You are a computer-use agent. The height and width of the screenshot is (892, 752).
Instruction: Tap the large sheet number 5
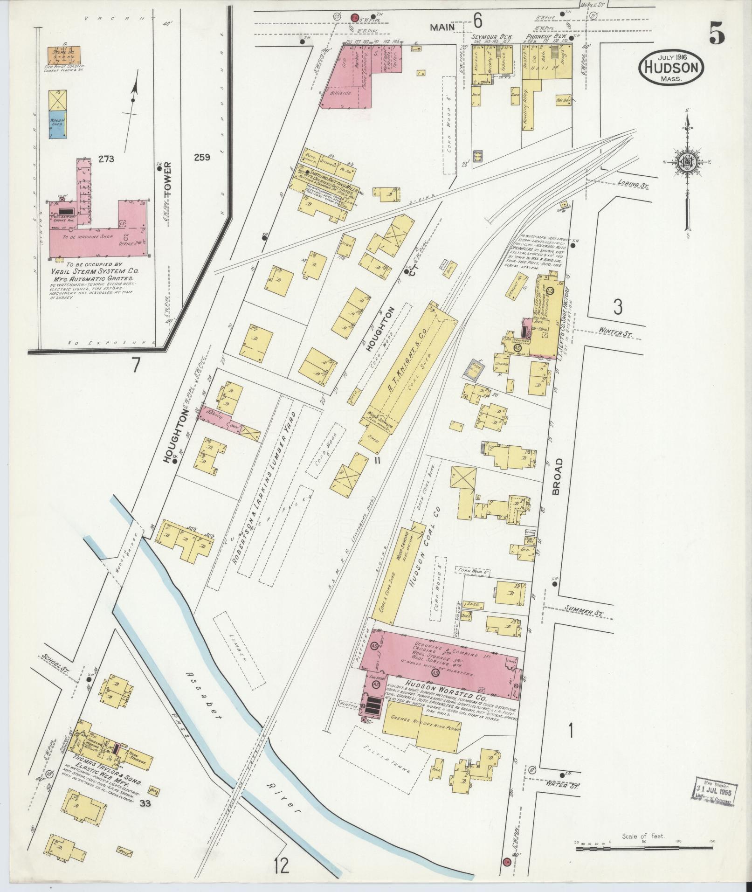coord(717,33)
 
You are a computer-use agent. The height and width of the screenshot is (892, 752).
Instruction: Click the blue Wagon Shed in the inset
coord(57,124)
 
